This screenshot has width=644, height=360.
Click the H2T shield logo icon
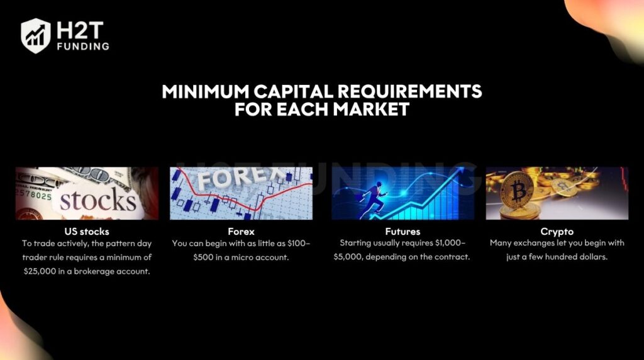pos(36,36)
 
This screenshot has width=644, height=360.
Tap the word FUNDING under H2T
pos(83,47)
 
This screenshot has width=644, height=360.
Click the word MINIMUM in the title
pos(205,91)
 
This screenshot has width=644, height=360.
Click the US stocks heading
pos(87,232)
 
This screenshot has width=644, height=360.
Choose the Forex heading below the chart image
pos(241,232)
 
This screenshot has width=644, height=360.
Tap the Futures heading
pos(402,232)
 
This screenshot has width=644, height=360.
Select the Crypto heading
pos(557,232)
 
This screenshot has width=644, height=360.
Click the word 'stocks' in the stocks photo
pos(97,201)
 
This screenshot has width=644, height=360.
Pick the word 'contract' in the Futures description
pos(454,257)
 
